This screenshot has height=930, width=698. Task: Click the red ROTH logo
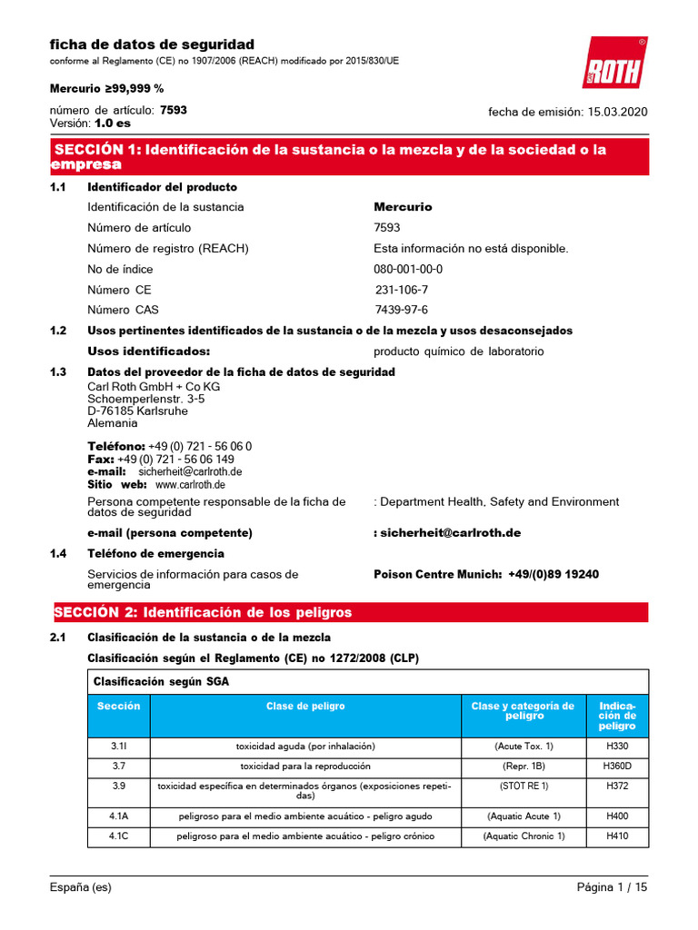click(615, 64)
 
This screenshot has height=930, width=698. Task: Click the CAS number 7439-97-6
click(401, 310)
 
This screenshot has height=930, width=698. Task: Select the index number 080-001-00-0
click(408, 270)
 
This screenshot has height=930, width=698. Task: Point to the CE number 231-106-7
click(402, 290)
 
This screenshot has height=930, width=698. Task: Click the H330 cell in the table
click(616, 746)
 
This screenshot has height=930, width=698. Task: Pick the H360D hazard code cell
click(616, 766)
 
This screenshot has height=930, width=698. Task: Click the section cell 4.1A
click(119, 816)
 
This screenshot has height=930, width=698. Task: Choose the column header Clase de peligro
click(305, 706)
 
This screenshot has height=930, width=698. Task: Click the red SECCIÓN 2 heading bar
click(349, 613)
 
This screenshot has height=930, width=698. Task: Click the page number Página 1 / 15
click(612, 888)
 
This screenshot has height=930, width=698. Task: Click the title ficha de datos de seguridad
click(152, 45)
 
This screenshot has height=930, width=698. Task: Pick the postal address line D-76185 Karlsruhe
click(138, 411)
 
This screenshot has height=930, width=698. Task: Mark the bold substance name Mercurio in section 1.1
click(403, 207)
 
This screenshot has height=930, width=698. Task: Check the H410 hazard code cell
click(616, 836)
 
